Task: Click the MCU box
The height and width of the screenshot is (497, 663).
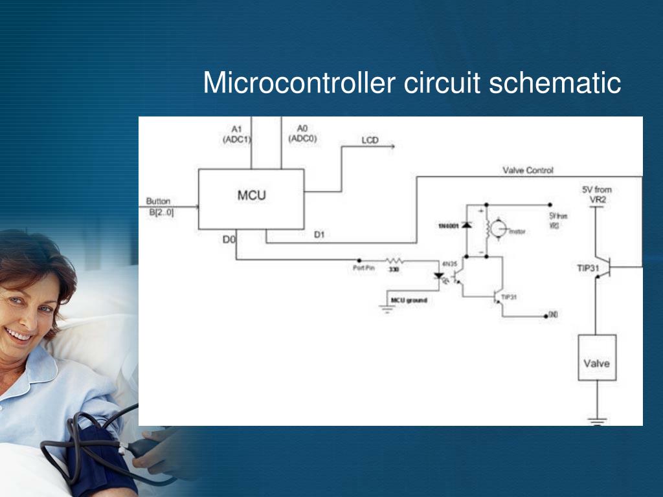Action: [251, 199]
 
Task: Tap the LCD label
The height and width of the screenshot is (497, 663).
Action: [370, 140]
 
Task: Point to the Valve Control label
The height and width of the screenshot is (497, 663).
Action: [528, 170]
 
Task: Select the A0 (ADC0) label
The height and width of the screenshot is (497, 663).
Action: [302, 133]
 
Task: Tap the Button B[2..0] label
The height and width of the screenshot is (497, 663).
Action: [159, 206]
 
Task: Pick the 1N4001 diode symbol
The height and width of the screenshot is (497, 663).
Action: [466, 225]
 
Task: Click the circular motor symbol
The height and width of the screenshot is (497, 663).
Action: [498, 228]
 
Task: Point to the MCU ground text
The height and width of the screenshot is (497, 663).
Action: [409, 300]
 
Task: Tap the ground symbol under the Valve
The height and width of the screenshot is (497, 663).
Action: [597, 421]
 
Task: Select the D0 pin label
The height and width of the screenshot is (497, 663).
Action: [229, 239]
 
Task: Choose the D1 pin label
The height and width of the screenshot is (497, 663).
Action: [319, 235]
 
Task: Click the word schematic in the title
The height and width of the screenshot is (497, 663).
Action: [555, 83]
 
